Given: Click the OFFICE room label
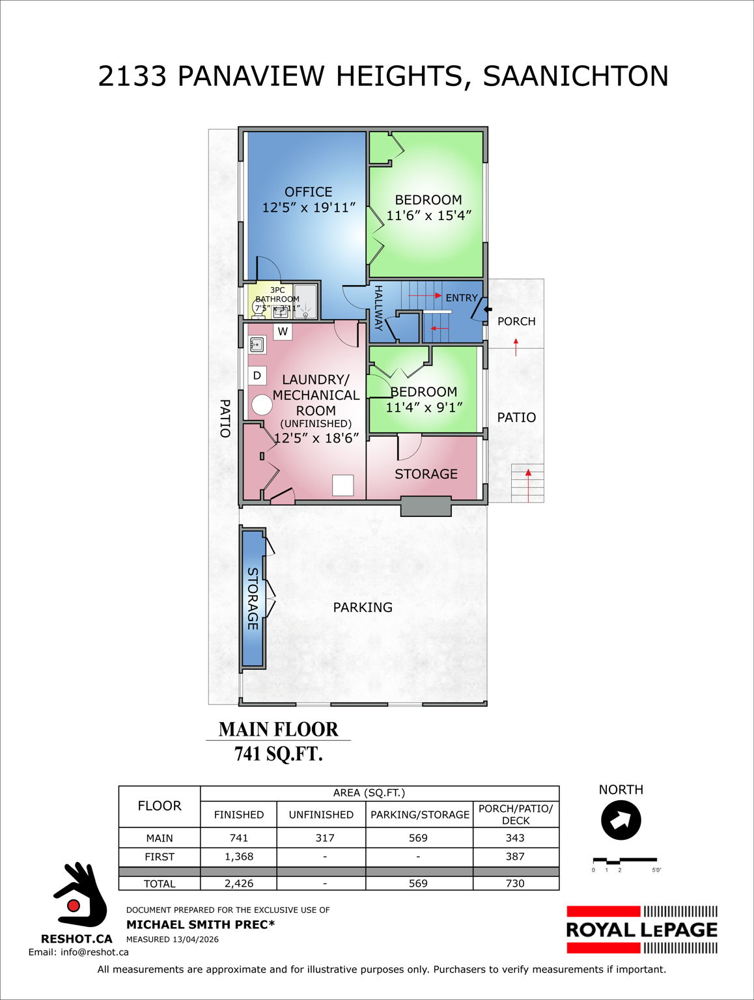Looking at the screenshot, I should pyautogui.click(x=308, y=192).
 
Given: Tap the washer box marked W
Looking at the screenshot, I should pyautogui.click(x=283, y=331).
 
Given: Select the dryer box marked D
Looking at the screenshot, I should pyautogui.click(x=257, y=376).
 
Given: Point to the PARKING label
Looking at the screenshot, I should pyautogui.click(x=363, y=607).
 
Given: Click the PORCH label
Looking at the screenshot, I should pyautogui.click(x=516, y=322).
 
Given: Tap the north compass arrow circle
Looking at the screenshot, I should pyautogui.click(x=621, y=820).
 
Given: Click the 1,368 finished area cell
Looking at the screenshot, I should pyautogui.click(x=239, y=857).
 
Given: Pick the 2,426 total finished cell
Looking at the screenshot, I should pyautogui.click(x=239, y=883).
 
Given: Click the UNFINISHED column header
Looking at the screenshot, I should pyautogui.click(x=321, y=814).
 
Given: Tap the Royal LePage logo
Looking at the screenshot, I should pyautogui.click(x=642, y=930).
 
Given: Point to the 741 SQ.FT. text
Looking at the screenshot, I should pyautogui.click(x=279, y=754).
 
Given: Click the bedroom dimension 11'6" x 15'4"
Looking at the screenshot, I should pyautogui.click(x=428, y=215).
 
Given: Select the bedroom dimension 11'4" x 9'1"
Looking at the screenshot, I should pyautogui.click(x=424, y=408).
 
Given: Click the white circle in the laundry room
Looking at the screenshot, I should pyautogui.click(x=262, y=405).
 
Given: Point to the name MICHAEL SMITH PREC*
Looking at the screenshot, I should pyautogui.click(x=201, y=924).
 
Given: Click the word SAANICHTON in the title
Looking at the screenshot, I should pyautogui.click(x=576, y=76).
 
